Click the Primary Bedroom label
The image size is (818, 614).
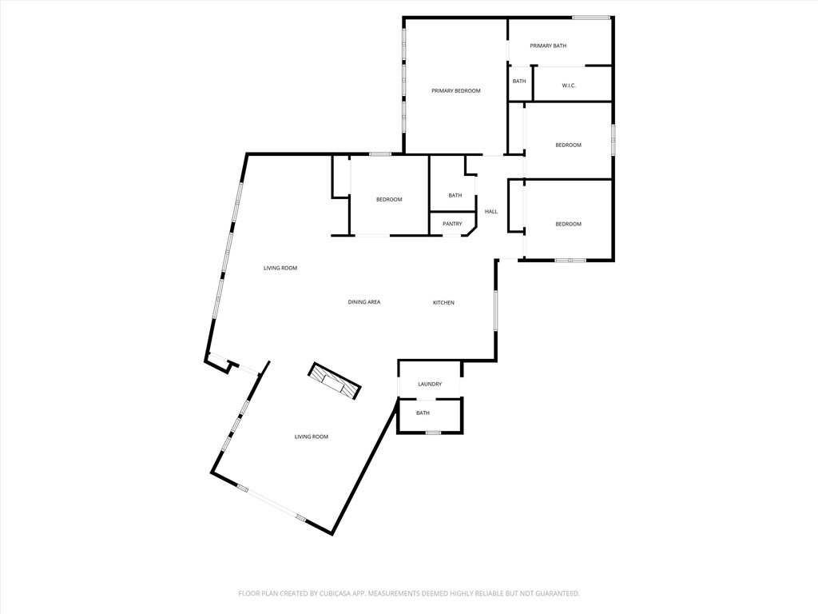pyautogui.click(x=456, y=91)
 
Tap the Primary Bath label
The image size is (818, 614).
pyautogui.click(x=548, y=46)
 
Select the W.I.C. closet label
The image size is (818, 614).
pyautogui.click(x=569, y=86)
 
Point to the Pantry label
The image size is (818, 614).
pyautogui.click(x=452, y=224)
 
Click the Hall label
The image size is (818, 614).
pyautogui.click(x=491, y=212)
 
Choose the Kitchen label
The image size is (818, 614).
pyautogui.click(x=443, y=303)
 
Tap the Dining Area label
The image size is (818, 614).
pyautogui.click(x=364, y=302)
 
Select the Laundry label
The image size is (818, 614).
pyautogui.click(x=430, y=385)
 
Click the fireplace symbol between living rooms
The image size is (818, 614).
pyautogui.click(x=335, y=381)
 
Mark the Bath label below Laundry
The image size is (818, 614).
pyautogui.click(x=423, y=413)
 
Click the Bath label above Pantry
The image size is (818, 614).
pyautogui.click(x=455, y=196)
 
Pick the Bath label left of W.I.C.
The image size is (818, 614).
pyautogui.click(x=519, y=82)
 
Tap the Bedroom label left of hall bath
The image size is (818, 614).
pyautogui.click(x=389, y=200)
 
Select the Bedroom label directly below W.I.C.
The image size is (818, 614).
pyautogui.click(x=569, y=146)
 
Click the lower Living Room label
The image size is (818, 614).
pyautogui.click(x=312, y=437)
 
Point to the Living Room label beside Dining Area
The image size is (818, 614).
pyautogui.click(x=280, y=269)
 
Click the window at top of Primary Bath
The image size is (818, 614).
pyautogui.click(x=592, y=17)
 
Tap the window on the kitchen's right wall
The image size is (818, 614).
pyautogui.click(x=496, y=312)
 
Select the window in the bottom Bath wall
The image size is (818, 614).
pyautogui.click(x=433, y=433)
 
